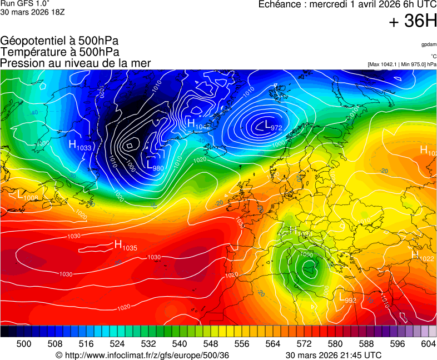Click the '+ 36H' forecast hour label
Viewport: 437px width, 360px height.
[x=413, y=22]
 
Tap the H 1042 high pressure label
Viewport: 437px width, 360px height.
[x=198, y=124]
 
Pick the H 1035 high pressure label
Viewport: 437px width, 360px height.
[x=125, y=245]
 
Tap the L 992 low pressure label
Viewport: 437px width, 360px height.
[x=347, y=298]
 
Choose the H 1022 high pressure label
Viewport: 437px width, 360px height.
[x=422, y=256]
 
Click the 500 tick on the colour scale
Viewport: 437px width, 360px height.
[x=24, y=344]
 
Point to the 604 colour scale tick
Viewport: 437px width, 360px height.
[x=428, y=344]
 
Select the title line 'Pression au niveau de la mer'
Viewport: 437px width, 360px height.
[x=76, y=63]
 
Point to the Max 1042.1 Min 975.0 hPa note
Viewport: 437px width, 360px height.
[x=402, y=64]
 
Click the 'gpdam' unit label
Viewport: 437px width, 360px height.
[x=428, y=44]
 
